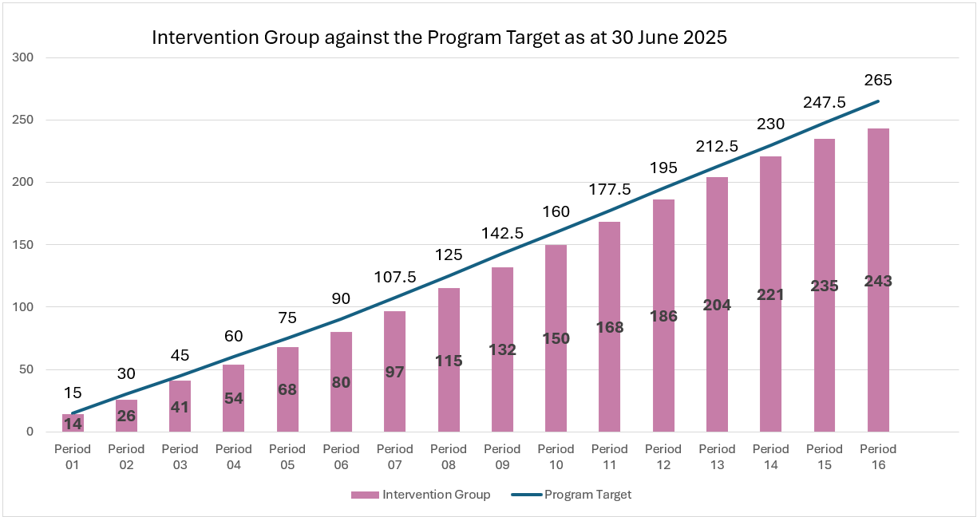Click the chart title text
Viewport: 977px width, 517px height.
pyautogui.click(x=439, y=38)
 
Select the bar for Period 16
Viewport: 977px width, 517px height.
pyautogui.click(x=878, y=239)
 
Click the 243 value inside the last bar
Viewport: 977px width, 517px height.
pyautogui.click(x=878, y=282)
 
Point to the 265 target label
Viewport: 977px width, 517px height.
pyautogui.click(x=878, y=81)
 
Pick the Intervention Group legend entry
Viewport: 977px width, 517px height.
pyautogui.click(x=421, y=495)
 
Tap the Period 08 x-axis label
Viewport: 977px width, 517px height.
pyautogui.click(x=449, y=456)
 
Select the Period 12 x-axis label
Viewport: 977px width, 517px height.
pyautogui.click(x=663, y=456)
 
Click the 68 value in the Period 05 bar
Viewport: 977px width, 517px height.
pyautogui.click(x=287, y=390)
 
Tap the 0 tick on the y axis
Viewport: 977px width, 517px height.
pyautogui.click(x=30, y=432)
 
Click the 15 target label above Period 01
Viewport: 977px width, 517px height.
pyautogui.click(x=73, y=393)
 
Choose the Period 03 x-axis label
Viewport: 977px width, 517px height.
pyautogui.click(x=180, y=456)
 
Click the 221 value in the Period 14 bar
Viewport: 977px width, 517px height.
pyautogui.click(x=770, y=295)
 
